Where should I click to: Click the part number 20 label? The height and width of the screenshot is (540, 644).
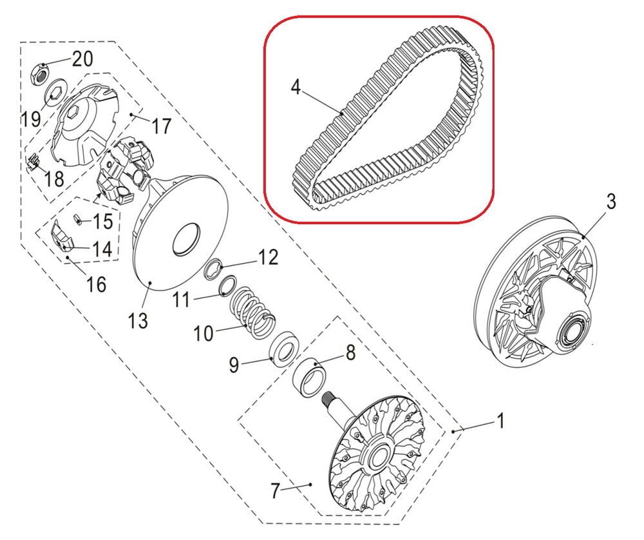point(83,59)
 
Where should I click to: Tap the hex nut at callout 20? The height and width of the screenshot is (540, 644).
point(40,73)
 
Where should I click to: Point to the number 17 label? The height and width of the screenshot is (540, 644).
point(161,126)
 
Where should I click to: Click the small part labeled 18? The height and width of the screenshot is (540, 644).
point(32,160)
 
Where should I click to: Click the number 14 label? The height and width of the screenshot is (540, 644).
point(101,249)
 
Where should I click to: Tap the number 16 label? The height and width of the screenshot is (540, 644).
point(96,284)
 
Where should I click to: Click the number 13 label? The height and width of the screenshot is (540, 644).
point(138,320)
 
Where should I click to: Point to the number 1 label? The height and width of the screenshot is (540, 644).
point(500,421)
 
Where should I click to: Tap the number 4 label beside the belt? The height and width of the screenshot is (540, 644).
point(296,87)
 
